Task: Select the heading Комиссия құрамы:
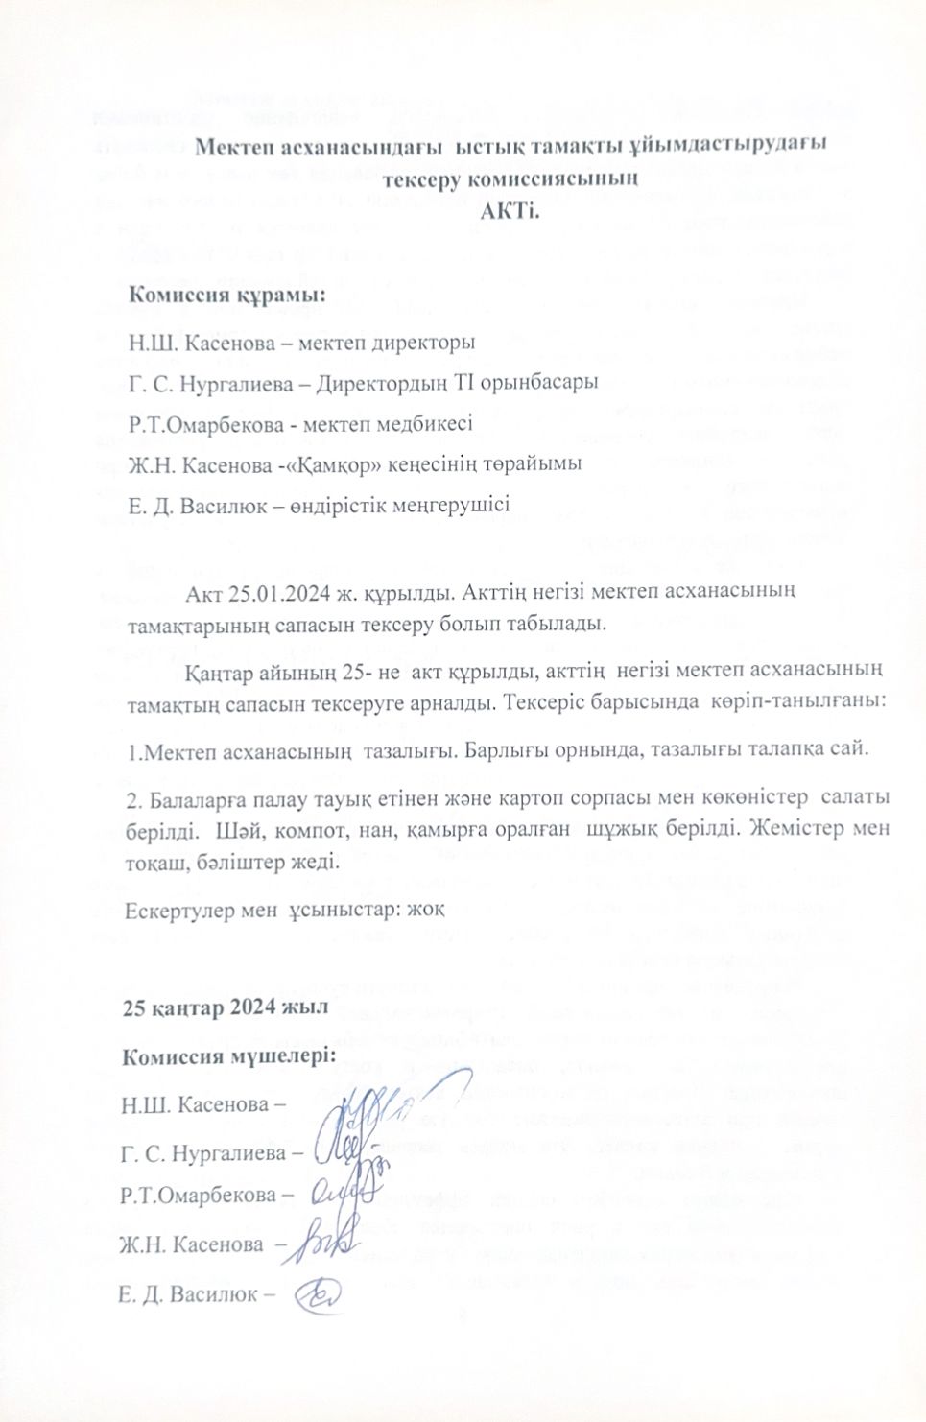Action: click(x=227, y=294)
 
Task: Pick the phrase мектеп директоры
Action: click(x=383, y=341)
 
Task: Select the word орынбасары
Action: click(x=546, y=382)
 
